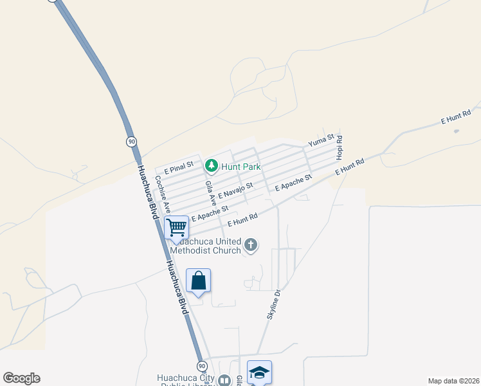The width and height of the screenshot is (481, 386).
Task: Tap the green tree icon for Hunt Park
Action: (x=211, y=167)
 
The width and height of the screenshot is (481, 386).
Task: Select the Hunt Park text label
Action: (x=240, y=167)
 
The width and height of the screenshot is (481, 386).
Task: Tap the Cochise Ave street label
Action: (x=161, y=195)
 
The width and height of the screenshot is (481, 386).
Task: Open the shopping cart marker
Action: (x=176, y=227)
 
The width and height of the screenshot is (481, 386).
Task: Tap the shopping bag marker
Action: (x=198, y=280)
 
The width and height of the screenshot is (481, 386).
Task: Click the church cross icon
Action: (x=251, y=244)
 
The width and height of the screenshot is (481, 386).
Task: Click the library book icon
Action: (x=224, y=381)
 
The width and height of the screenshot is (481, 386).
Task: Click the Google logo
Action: (x=21, y=378)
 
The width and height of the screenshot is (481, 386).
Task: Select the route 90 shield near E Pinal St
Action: (x=131, y=141)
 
